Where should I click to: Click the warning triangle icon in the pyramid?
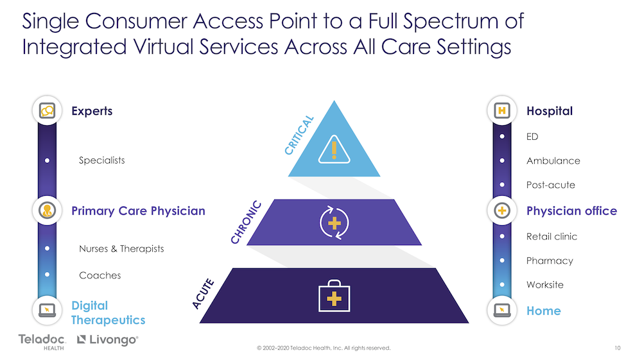(334, 150)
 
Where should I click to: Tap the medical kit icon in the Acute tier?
(334, 296)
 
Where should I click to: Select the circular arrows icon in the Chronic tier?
(334, 223)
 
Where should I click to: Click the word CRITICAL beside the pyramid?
(299, 135)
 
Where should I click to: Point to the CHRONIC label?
(246, 222)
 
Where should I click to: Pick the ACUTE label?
(203, 293)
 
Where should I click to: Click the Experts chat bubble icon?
(47, 110)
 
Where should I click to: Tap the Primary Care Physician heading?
(139, 210)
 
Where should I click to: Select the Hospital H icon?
(502, 110)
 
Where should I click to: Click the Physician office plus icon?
(502, 210)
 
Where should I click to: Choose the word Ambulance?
(553, 161)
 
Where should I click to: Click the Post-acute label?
(551, 185)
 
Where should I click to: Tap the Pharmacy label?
(550, 261)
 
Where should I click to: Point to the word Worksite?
(545, 285)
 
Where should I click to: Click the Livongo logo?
(108, 339)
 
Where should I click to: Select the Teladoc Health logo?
(42, 342)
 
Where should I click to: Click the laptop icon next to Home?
(502, 311)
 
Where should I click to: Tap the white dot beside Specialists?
(47, 160)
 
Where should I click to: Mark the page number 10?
(618, 348)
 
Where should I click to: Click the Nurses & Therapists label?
(121, 249)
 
